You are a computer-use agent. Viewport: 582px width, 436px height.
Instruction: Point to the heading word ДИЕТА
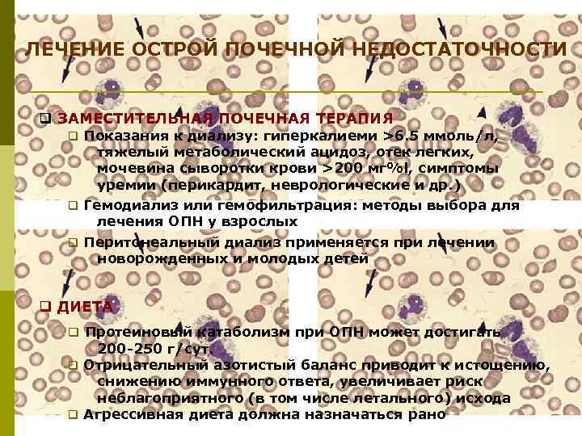point(85,307)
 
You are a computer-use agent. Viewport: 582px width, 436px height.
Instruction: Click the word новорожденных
point(154,258)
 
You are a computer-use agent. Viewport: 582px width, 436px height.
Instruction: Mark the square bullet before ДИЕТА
point(45,308)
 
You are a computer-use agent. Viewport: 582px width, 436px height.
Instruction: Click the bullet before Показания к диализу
point(71,136)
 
